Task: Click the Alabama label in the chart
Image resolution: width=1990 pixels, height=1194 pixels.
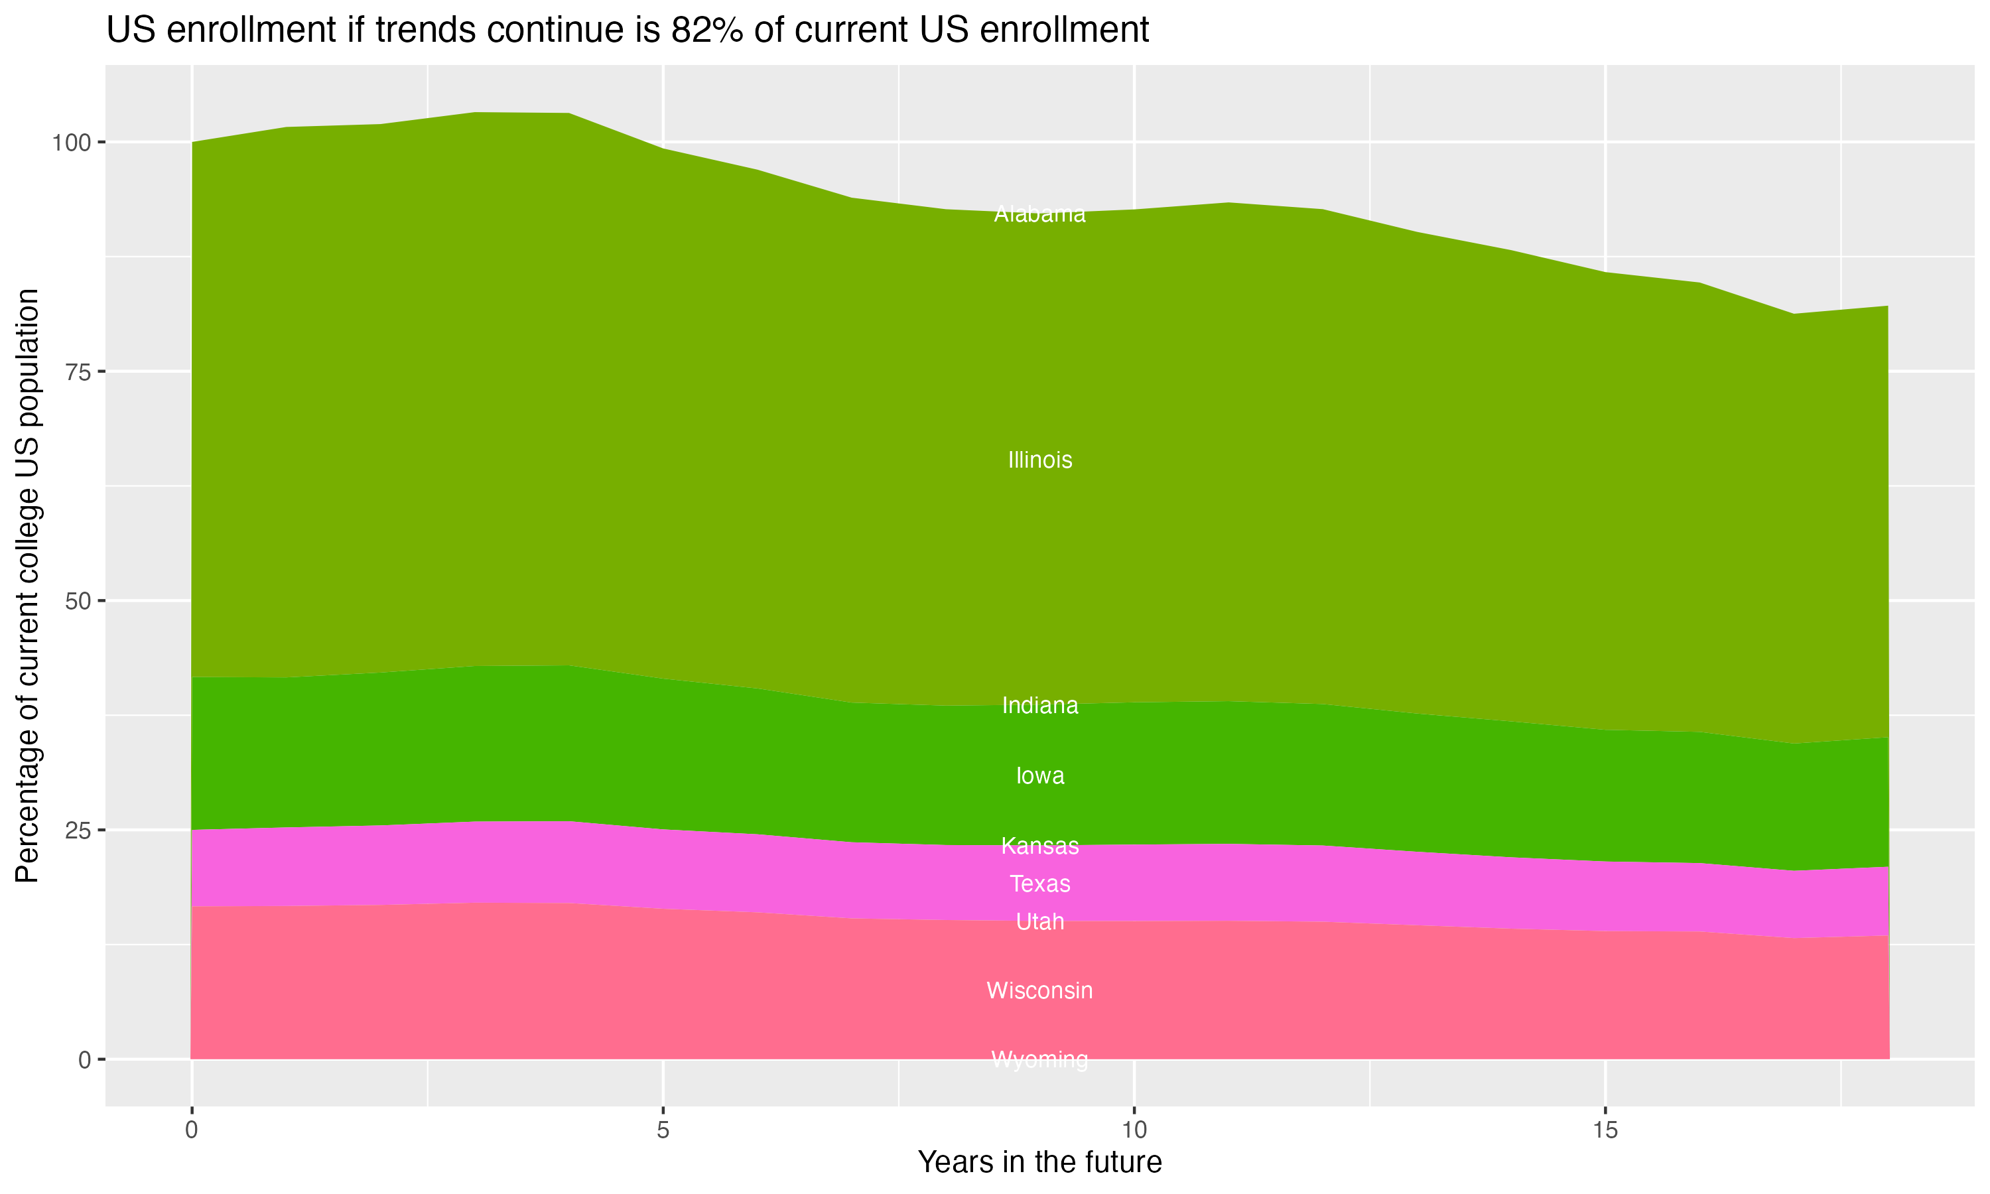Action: tap(1039, 214)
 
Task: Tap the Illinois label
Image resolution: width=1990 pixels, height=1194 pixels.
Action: tap(1039, 460)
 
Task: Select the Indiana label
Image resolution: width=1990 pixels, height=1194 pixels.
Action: tap(1039, 706)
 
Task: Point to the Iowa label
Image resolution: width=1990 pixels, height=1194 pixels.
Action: tap(1039, 775)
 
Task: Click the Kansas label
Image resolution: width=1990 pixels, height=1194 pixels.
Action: tap(1039, 846)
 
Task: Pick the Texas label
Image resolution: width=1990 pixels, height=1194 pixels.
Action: tap(1039, 884)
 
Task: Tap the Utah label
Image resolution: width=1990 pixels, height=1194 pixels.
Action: tap(1039, 921)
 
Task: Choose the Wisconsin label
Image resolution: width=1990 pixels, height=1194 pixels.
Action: tap(1039, 990)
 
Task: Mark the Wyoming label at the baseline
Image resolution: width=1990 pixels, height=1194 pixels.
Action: tap(1039, 1059)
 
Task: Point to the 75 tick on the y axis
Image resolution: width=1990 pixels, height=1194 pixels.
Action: tap(77, 371)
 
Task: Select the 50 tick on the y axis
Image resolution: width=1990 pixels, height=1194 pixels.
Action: tap(77, 601)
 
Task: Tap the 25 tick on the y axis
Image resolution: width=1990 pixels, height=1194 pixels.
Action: tap(77, 830)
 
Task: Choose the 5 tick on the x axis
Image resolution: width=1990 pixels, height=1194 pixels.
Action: tap(663, 1130)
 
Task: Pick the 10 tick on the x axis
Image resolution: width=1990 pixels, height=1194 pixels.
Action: tap(1134, 1130)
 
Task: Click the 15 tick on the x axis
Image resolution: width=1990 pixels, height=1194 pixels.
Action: tap(1605, 1130)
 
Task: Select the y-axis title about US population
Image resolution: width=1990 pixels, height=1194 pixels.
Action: tap(27, 586)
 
